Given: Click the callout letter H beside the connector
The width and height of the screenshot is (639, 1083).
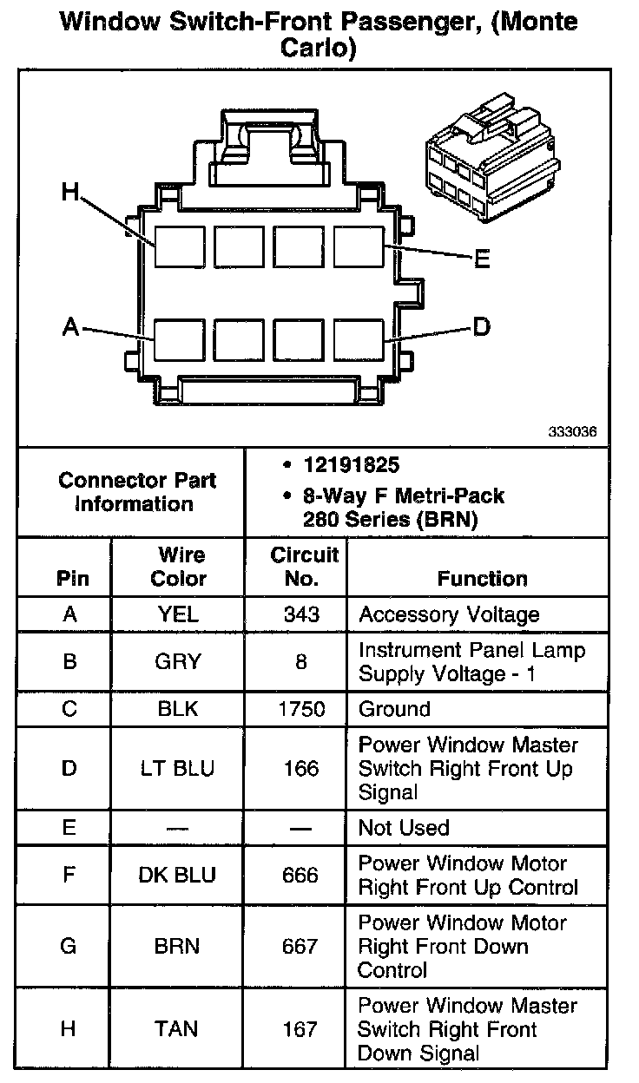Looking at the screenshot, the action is [70, 192].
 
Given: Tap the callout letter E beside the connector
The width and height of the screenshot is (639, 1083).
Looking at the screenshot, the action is [482, 259].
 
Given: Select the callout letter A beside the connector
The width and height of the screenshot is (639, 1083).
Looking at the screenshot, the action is [71, 327].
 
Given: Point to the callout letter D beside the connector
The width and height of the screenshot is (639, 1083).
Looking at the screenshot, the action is [481, 326].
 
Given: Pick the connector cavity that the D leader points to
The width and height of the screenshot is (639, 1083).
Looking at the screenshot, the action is [358, 338].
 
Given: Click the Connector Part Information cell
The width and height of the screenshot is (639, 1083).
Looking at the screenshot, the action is [137, 491].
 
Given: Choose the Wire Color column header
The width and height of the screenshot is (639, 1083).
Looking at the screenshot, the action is [179, 567].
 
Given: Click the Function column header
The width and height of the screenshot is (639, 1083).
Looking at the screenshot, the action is [482, 578].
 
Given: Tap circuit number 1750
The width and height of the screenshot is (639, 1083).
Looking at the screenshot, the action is [301, 709].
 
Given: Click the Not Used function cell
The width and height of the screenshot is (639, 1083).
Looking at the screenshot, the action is [404, 828].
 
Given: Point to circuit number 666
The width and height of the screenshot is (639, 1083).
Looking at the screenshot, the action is [300, 875].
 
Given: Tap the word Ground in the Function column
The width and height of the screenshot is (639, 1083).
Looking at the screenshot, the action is [394, 709].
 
